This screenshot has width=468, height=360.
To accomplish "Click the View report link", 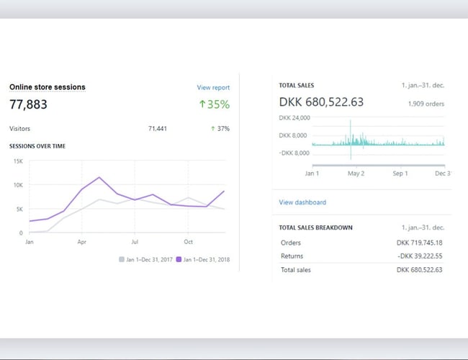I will coord(213,88).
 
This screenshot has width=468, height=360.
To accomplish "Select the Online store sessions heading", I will coord(48,87).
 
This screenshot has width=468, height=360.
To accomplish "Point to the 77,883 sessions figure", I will coord(28,104).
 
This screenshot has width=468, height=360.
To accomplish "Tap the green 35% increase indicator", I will coord(214,104).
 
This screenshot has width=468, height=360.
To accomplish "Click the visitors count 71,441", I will coord(157,129).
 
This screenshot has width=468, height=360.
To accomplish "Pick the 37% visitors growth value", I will coord(220,129).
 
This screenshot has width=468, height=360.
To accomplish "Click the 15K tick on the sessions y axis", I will coord(19,161).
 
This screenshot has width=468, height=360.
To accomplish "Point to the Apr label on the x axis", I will coord(82,241).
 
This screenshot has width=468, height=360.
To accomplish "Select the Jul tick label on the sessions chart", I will coord(135,241).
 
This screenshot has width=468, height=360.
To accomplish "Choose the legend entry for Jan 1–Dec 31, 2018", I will coord(203,259).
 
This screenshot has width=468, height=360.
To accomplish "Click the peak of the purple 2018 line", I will coord(99,177).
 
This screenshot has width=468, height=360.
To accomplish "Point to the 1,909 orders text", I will coord(426,104).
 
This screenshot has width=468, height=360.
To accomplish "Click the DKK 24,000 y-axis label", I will coord(294,117).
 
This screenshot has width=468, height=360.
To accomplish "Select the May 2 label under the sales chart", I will coord(356,174).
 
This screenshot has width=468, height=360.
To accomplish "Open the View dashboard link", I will coord(302,202).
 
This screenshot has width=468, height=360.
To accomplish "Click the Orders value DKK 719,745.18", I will coord(419,243).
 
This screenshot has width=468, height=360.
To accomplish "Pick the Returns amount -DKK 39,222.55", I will coord(419,256).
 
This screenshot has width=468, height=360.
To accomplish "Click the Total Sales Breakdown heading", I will coord(315,228).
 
